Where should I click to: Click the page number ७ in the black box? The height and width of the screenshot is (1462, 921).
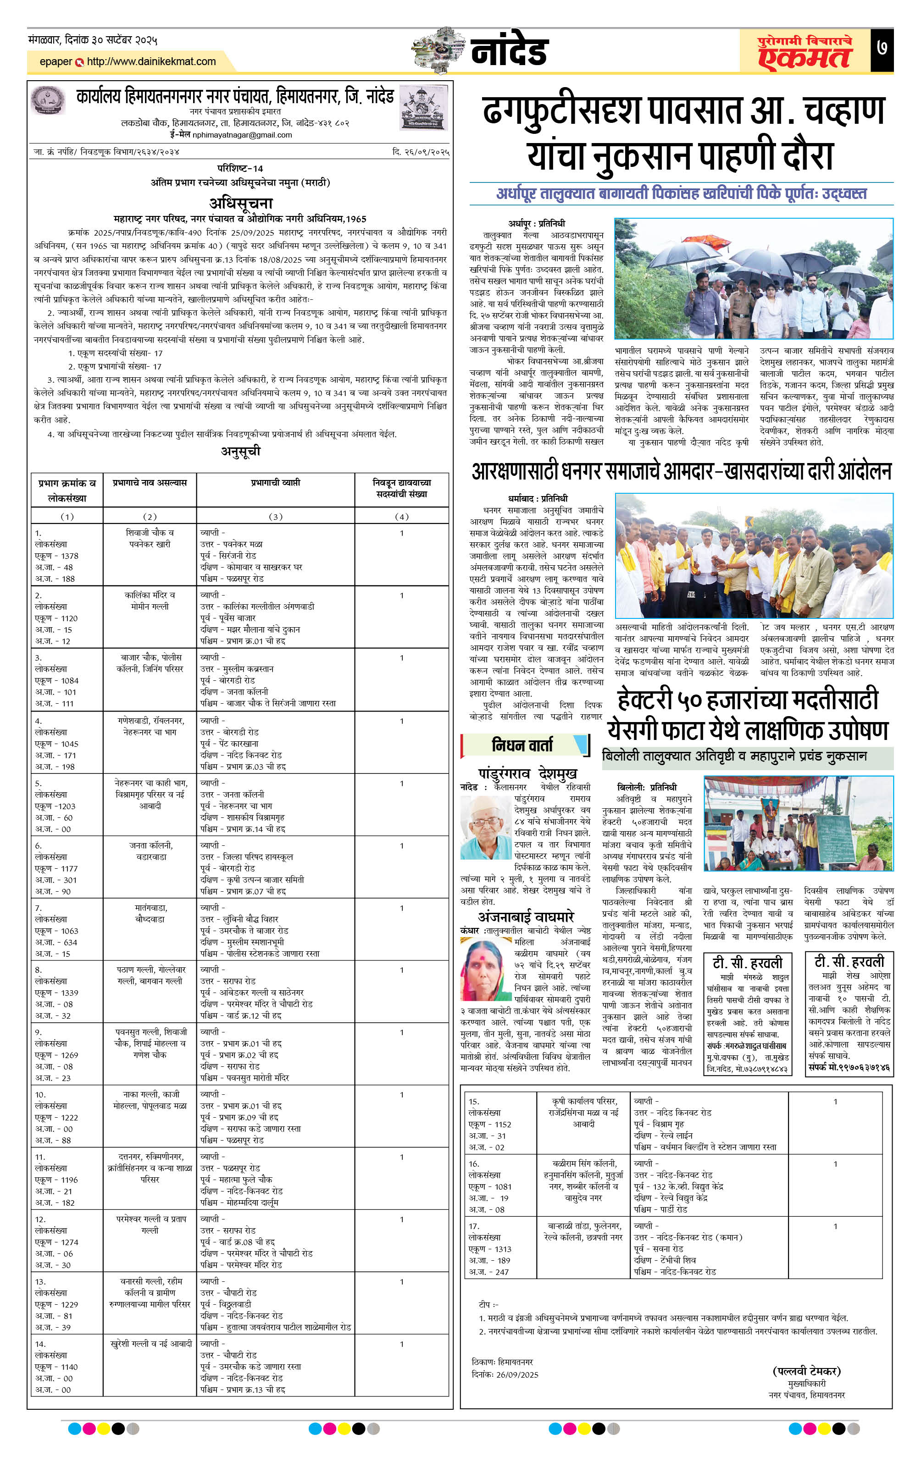[882, 48]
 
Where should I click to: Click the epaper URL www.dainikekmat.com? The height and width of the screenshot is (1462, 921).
[151, 61]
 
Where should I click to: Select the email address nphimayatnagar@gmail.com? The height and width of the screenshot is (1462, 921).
[242, 135]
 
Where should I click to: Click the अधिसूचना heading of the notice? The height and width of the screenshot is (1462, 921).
[241, 203]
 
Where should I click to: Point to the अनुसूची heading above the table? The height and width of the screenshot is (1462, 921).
[241, 451]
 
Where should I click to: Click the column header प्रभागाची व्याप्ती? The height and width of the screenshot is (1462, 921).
[275, 483]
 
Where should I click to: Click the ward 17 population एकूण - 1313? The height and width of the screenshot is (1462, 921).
[490, 1249]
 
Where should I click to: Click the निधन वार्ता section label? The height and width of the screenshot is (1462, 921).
[522, 745]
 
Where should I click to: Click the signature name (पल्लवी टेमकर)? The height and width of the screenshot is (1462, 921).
[806, 1371]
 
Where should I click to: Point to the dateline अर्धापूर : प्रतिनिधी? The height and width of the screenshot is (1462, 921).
[537, 223]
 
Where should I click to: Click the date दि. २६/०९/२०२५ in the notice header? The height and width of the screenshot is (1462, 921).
[421, 152]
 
